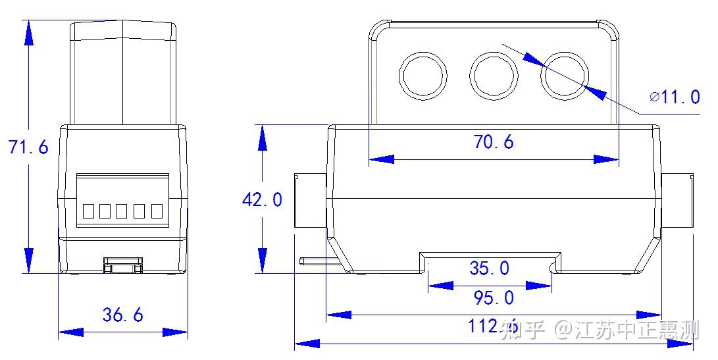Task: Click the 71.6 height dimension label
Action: coord(28,147)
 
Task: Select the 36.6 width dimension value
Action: coord(122,315)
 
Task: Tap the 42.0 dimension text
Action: coord(262,199)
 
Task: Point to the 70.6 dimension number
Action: coord(493,141)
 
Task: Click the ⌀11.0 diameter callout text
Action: coord(675,97)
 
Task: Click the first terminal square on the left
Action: coord(88,211)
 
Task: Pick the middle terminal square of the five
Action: coord(122,211)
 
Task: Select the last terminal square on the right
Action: coord(157,211)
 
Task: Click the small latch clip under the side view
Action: coord(123,265)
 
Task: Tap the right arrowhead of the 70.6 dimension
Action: coord(605,159)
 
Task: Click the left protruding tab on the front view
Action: coord(310,200)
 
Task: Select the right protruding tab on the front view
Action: coord(677,200)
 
